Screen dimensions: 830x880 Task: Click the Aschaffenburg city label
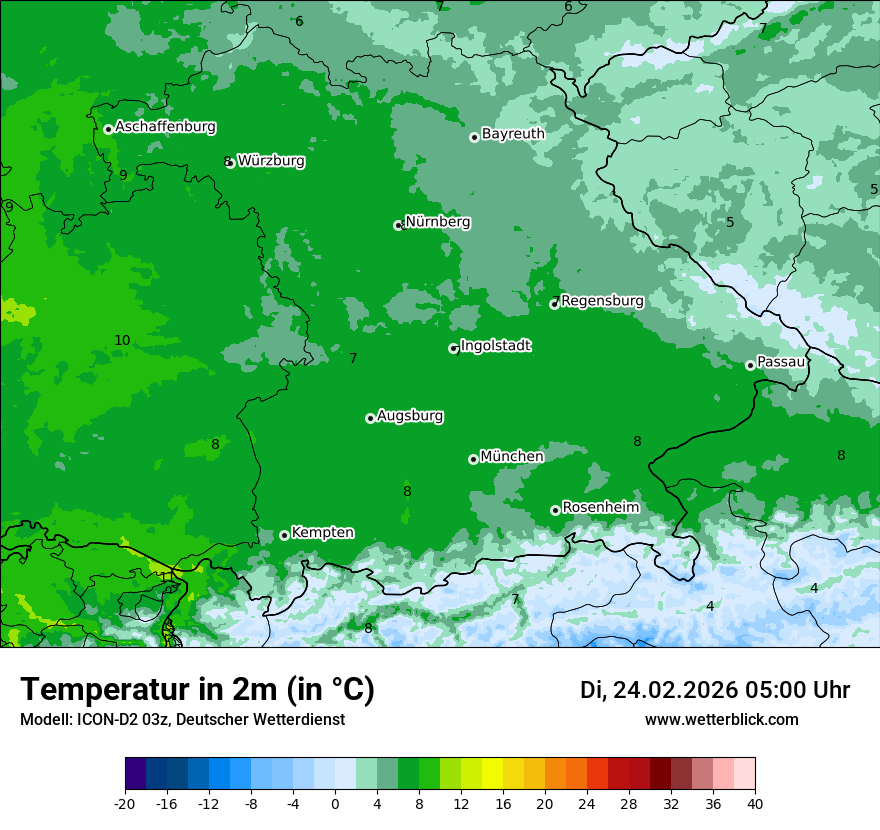click(165, 127)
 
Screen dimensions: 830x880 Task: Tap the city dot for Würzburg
click(230, 163)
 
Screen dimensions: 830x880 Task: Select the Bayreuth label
click(513, 134)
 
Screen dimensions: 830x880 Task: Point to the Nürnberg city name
click(437, 222)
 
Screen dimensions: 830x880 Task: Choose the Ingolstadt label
click(495, 346)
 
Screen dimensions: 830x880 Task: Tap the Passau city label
click(781, 362)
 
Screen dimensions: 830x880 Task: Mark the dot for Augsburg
click(370, 418)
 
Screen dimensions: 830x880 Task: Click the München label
click(512, 457)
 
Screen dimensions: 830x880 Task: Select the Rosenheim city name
click(600, 508)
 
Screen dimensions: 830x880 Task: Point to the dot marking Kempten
click(284, 535)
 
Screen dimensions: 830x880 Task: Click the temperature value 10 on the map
click(122, 341)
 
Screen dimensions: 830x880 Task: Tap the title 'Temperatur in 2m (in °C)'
click(197, 690)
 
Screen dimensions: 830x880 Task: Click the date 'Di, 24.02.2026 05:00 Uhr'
click(715, 690)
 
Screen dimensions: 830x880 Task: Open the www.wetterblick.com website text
click(721, 720)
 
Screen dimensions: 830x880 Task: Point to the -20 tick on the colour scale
click(125, 804)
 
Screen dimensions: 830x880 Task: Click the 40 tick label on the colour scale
click(754, 804)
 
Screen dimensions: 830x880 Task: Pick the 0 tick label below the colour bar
click(335, 804)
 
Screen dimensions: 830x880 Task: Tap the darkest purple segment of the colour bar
click(135, 774)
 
